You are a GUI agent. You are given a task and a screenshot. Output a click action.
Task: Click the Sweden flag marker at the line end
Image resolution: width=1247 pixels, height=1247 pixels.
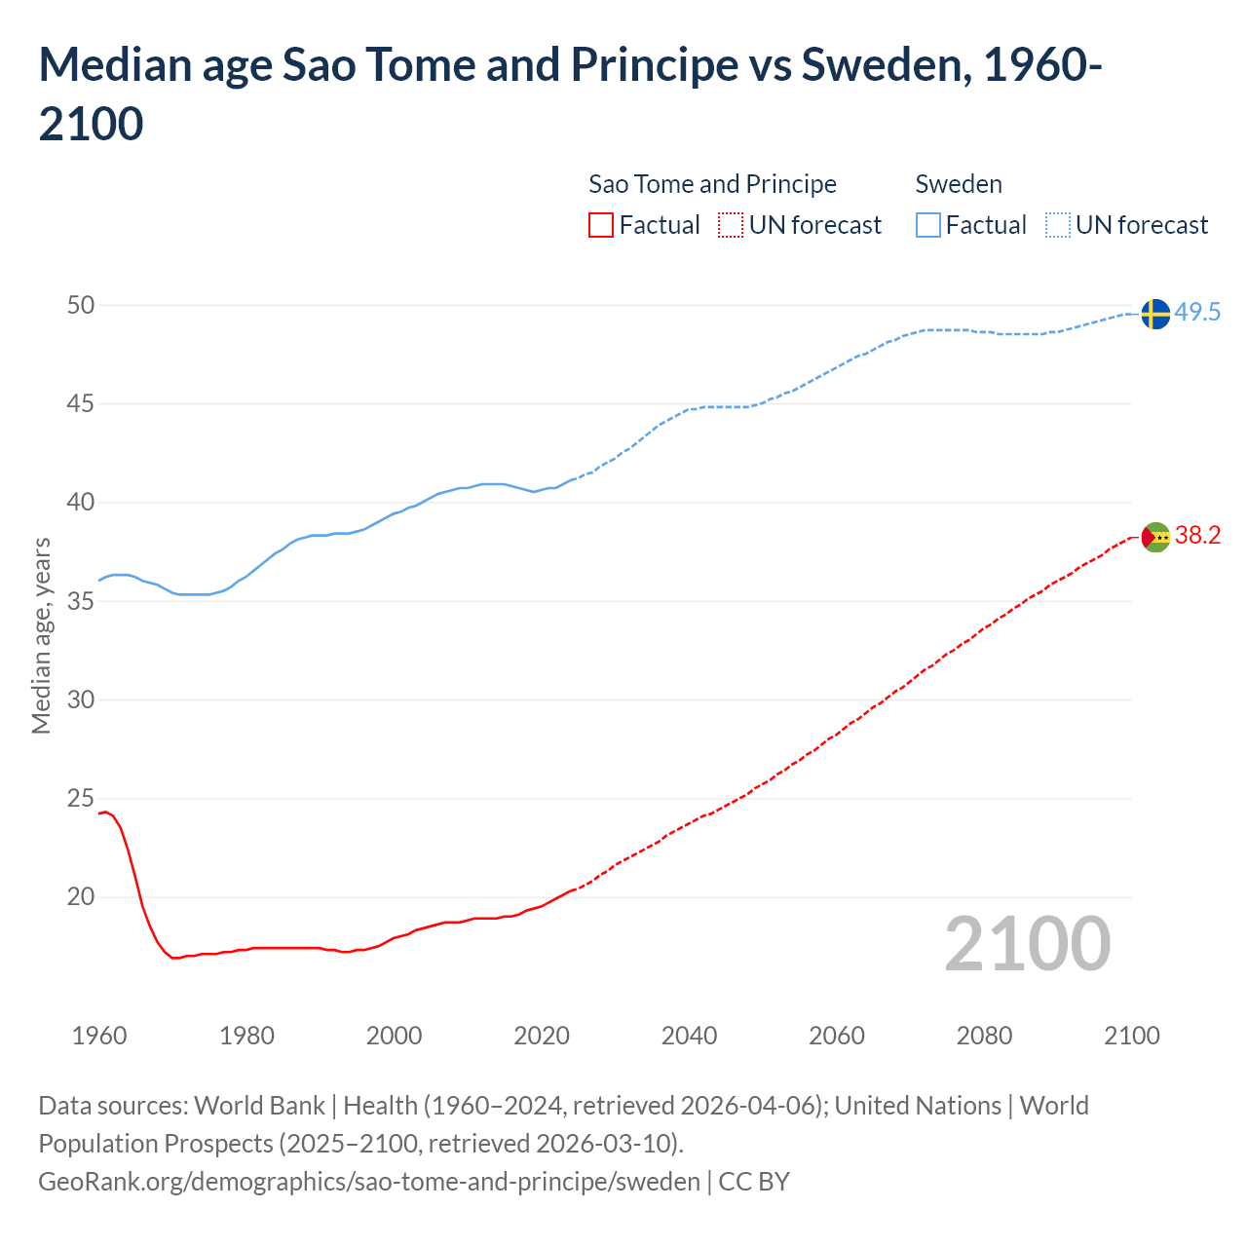[x=1155, y=314]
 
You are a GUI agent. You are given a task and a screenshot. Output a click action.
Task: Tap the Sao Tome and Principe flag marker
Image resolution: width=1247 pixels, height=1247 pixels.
[x=1155, y=537]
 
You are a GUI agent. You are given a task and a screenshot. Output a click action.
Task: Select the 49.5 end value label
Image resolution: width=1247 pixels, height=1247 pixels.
[x=1197, y=313]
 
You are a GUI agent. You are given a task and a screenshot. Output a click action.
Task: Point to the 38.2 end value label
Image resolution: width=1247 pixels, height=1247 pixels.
[x=1197, y=536]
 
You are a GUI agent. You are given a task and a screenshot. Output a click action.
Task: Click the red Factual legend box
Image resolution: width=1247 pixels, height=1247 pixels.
[x=601, y=225]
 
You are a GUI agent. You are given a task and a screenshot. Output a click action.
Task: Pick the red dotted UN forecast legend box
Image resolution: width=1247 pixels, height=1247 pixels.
[x=731, y=225]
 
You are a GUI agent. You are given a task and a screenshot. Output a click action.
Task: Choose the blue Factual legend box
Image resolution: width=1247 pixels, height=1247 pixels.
[x=928, y=225]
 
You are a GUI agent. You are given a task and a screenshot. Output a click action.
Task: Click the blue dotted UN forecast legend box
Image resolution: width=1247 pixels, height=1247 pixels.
[x=1058, y=225]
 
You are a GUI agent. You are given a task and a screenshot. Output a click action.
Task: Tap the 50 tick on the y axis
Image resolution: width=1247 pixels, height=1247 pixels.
[x=81, y=306]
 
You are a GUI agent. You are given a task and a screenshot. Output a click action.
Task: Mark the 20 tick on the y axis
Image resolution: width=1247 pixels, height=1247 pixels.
[x=81, y=897]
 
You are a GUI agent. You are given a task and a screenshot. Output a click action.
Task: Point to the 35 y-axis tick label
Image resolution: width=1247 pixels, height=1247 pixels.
[x=81, y=602]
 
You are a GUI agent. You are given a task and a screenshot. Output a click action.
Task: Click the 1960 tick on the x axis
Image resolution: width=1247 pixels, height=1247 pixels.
[x=99, y=1036]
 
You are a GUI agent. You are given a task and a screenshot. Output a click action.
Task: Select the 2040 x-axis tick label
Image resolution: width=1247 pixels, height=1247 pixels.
[x=690, y=1036]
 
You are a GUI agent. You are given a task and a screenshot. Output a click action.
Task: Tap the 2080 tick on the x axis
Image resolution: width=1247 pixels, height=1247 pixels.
[x=984, y=1036]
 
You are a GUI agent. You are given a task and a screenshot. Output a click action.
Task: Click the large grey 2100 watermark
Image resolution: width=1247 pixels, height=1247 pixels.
[x=1028, y=944]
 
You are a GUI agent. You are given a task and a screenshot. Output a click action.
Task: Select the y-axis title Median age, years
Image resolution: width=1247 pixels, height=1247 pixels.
[x=41, y=635]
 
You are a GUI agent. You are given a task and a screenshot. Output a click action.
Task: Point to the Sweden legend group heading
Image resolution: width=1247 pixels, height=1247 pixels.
[x=959, y=184]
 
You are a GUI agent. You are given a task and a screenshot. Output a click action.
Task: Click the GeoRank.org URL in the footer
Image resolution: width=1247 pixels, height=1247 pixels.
[x=369, y=1182]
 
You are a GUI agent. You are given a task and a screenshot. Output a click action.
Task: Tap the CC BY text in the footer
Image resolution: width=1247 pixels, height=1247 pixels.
[x=754, y=1182]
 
